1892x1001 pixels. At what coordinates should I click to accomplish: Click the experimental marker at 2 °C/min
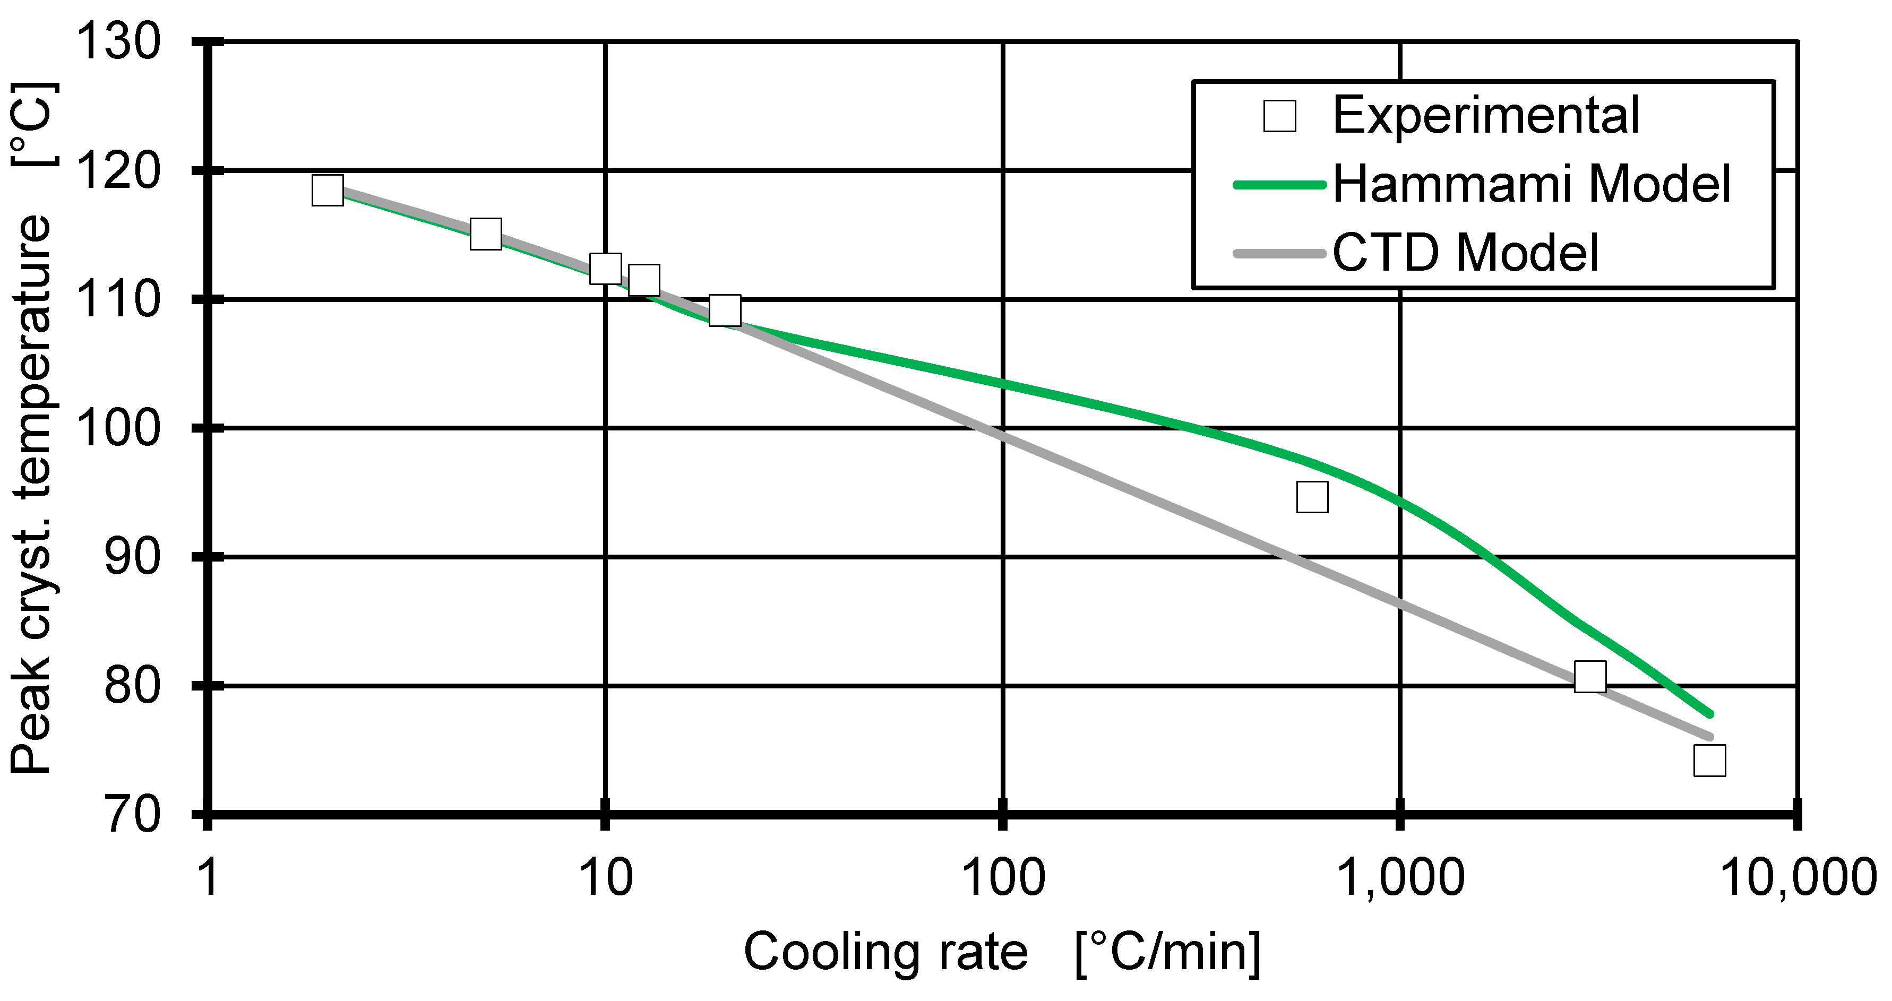point(327,190)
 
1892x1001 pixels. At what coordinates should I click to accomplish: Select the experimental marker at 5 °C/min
point(486,234)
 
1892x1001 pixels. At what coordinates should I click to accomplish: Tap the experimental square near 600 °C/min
point(1312,497)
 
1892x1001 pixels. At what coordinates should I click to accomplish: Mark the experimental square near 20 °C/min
point(725,310)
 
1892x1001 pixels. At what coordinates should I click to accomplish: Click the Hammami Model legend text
point(1532,184)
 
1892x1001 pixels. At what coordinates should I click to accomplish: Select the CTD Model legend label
point(1465,253)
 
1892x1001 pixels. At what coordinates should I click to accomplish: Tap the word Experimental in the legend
point(1486,115)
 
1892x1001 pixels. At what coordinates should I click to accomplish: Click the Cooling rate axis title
point(1003,953)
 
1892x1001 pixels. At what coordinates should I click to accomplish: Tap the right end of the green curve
point(1710,714)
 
